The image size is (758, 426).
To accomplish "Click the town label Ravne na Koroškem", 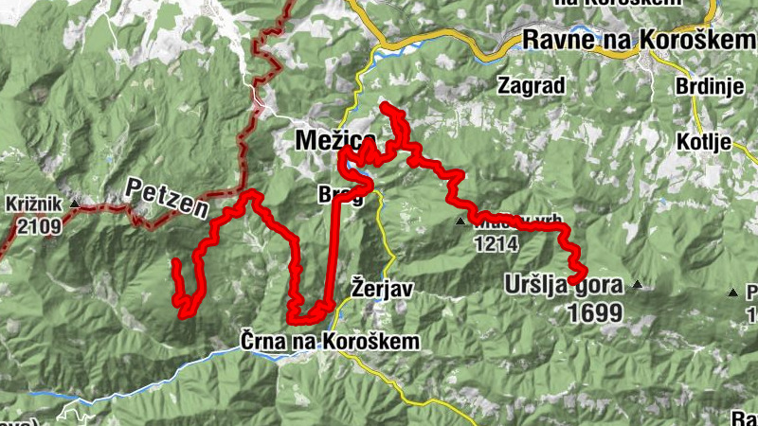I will (633, 41).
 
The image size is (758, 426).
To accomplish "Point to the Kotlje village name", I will (705, 143).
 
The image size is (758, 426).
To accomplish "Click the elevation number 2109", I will (38, 225).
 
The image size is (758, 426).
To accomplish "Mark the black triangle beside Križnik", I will (74, 202).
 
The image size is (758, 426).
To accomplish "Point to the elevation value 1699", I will (596, 311).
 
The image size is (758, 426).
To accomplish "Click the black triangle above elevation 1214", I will (460, 222).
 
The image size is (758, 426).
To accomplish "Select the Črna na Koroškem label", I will (328, 340).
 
